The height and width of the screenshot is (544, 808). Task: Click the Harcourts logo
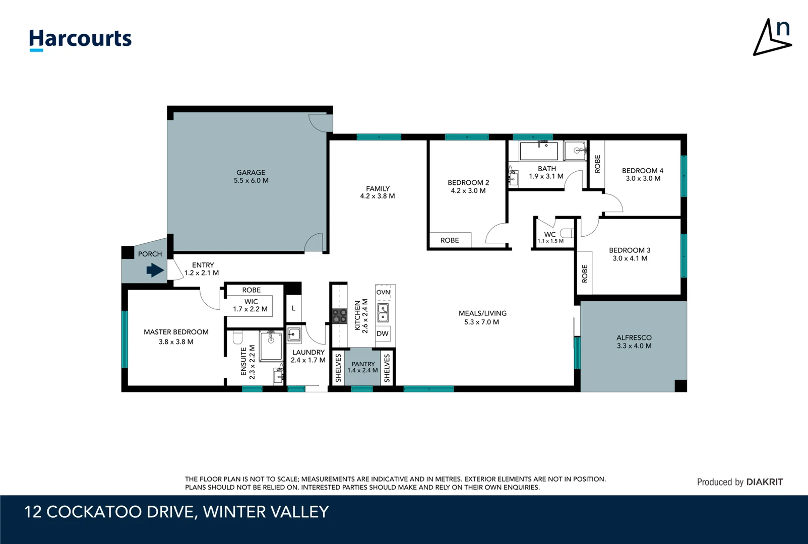point(80,39)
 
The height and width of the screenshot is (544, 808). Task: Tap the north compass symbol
point(773,38)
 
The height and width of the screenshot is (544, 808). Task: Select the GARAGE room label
point(251,172)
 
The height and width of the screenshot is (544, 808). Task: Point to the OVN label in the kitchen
point(383,292)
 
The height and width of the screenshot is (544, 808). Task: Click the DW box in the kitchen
point(383,333)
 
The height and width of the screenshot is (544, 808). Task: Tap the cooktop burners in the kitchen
point(339,316)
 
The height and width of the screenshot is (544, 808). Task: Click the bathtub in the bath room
point(539,151)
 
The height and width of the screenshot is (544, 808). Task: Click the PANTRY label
point(363,364)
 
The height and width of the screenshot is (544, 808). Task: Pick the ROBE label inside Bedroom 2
point(450,240)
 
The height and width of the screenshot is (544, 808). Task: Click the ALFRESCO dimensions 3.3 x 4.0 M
point(634,346)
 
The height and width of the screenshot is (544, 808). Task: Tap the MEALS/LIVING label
point(482,313)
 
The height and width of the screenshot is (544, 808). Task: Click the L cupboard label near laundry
point(294,308)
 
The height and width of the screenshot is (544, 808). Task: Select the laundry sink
point(294,334)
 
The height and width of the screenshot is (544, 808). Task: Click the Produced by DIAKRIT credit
point(739,482)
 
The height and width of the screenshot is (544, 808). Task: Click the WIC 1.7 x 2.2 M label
point(251,305)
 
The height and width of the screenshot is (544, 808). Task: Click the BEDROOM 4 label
point(642,171)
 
